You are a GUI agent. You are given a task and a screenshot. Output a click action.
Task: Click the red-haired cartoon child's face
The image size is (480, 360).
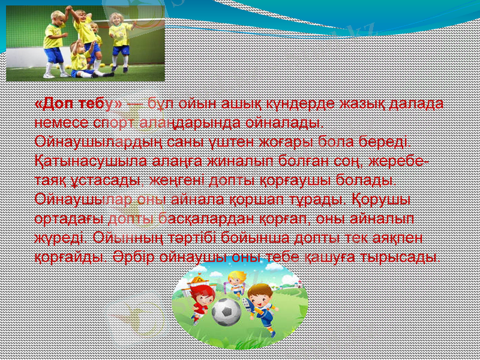(197, 292)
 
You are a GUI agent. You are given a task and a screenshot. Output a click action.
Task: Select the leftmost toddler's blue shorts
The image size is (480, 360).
(54, 55)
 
